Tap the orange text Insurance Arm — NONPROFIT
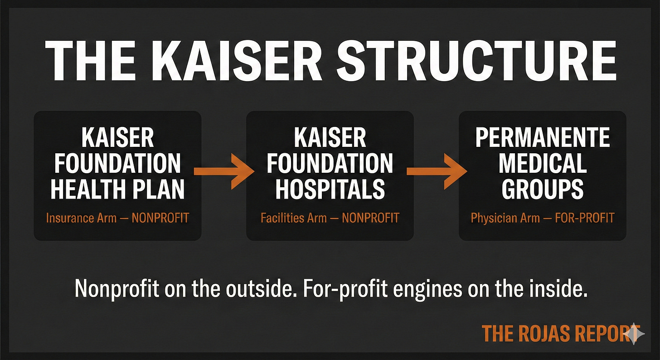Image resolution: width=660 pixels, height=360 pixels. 117,218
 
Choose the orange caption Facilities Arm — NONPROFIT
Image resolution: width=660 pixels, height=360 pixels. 330,218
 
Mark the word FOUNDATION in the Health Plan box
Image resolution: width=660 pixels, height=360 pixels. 117,163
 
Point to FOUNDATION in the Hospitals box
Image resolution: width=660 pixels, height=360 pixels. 330,163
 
